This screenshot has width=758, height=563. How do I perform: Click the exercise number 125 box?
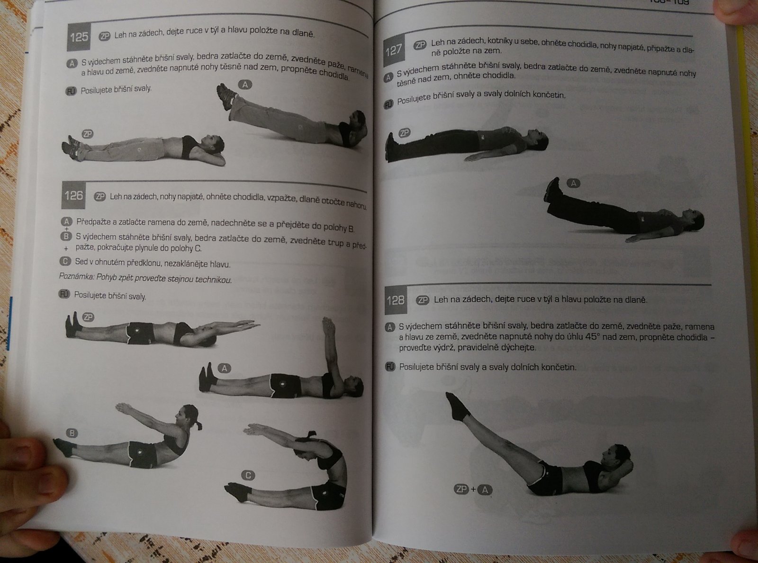79,37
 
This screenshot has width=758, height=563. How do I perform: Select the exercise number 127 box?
394,51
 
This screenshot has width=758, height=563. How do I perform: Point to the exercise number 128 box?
396,300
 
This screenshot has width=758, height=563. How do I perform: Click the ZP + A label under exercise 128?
473,489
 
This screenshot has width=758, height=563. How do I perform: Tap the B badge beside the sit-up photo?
72,433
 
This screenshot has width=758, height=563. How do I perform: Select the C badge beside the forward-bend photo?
248,475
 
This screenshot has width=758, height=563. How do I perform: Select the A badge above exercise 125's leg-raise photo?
245,85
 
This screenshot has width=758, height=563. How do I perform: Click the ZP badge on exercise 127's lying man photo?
405,133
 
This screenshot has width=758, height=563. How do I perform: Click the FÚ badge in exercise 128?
390,367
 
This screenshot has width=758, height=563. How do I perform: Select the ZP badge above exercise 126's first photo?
88,317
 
